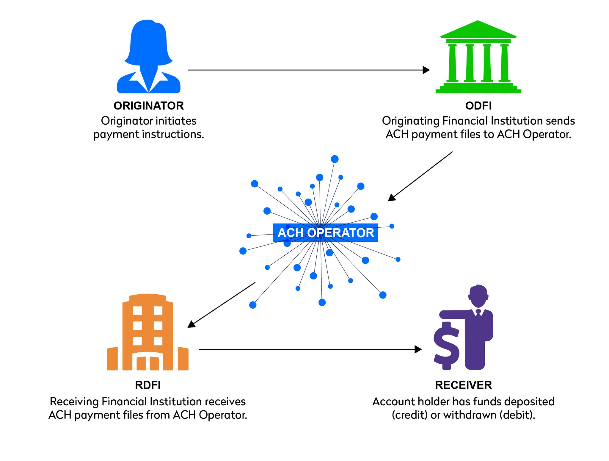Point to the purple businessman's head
point(478,296)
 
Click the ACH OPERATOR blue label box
point(325,232)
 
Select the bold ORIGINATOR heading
point(149,106)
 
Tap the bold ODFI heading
point(478,106)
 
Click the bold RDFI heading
point(148,385)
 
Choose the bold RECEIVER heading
point(463,385)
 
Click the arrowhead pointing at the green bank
point(426,70)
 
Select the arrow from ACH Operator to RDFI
point(221,305)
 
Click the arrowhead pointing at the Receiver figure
point(418,349)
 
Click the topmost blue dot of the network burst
point(335,159)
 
